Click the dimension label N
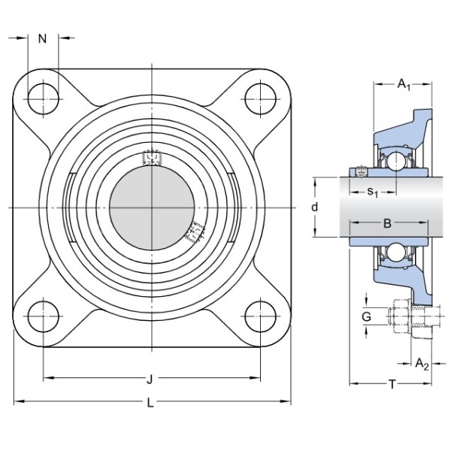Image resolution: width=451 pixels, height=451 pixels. [42, 38]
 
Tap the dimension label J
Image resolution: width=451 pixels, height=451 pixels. [150, 380]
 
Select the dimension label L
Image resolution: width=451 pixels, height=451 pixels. [150, 403]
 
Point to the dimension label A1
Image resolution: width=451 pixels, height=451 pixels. [404, 85]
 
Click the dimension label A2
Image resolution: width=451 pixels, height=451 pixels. [422, 364]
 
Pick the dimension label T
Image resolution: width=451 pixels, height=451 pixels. [392, 384]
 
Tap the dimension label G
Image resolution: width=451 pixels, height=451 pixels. [366, 316]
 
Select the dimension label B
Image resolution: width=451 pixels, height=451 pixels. [387, 223]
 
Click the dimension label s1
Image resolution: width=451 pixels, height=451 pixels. [373, 192]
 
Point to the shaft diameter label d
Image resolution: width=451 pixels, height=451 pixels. [315, 207]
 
